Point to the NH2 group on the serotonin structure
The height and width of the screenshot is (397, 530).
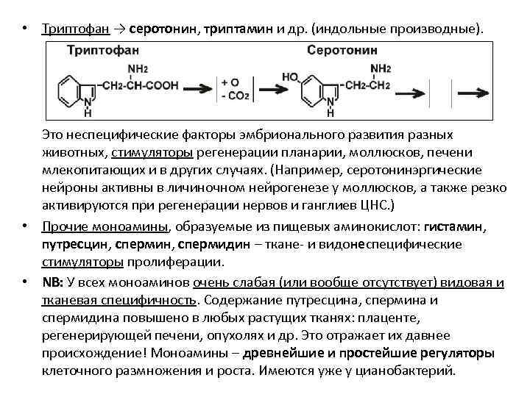coord(381,69)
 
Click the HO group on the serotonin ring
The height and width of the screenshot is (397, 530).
coord(289,76)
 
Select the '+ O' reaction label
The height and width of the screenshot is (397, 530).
coord(230,82)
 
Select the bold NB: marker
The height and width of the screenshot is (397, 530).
coord(52,282)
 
